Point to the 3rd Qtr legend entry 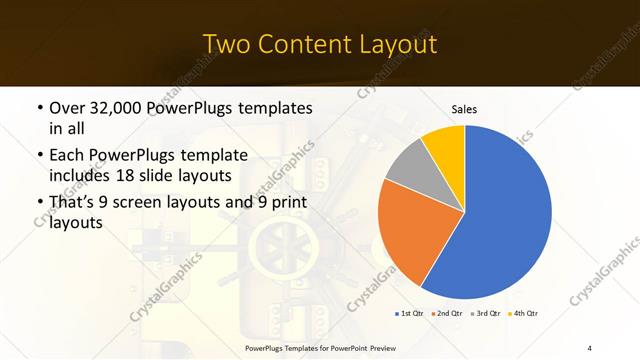pyautogui.click(x=486, y=315)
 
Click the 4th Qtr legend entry pyautogui.click(x=525, y=315)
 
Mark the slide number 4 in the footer pyautogui.click(x=590, y=347)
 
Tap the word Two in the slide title pyautogui.click(x=226, y=44)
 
